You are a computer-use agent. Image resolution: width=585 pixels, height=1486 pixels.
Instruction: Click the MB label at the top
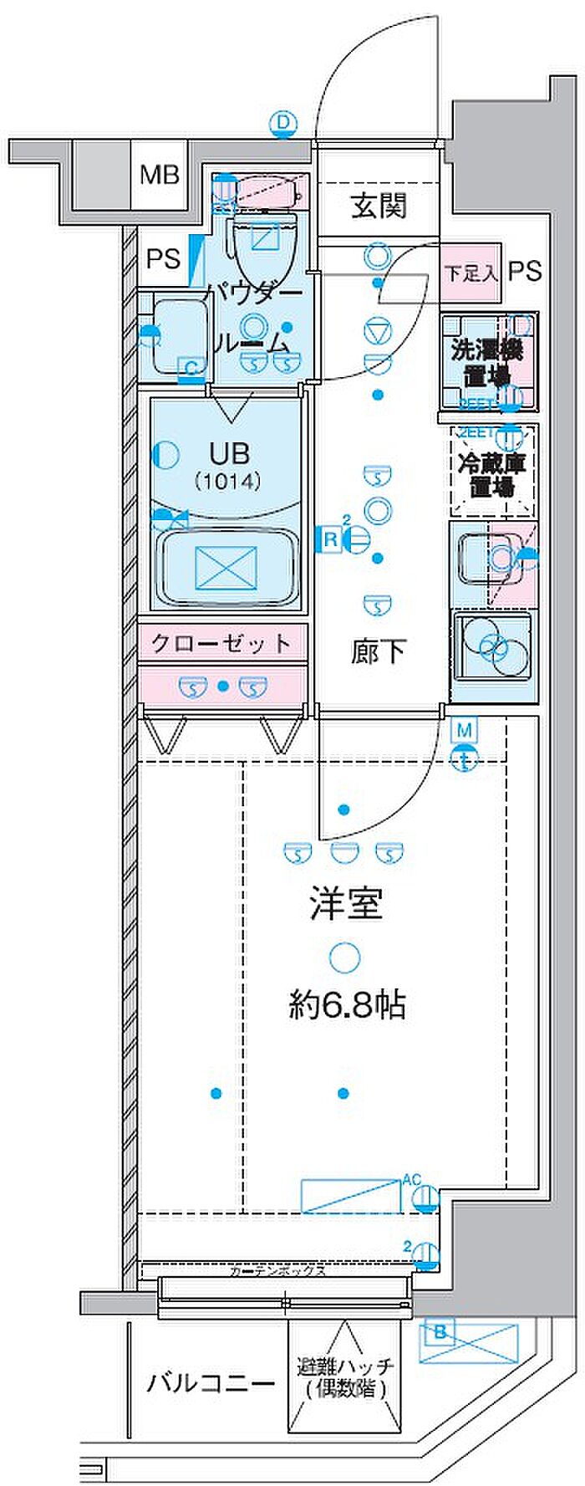pos(159,176)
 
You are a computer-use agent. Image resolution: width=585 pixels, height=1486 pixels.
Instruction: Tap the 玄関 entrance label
pos(379,206)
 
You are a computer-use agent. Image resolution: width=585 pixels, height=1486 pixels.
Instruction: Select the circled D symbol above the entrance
pos(284,125)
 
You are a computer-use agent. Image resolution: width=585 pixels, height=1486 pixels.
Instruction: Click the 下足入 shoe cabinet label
pos(471,272)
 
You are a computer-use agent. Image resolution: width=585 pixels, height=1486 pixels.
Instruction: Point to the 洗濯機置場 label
pos(487,362)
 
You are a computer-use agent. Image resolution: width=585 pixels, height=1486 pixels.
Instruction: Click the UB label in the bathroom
pos(229,454)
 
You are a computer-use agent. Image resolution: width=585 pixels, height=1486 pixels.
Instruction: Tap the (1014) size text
pos(228,482)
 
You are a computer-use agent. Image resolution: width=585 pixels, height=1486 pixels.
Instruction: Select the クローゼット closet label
pos(221,643)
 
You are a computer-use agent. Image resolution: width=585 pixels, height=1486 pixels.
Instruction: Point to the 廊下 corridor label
pos(379,651)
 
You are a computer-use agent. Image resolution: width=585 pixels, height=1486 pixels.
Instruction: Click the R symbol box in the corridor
pos(330,540)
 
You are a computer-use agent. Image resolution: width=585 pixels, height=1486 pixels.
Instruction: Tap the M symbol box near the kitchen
pos(465,730)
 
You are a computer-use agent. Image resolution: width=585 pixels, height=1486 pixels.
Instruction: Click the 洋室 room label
pos(346,904)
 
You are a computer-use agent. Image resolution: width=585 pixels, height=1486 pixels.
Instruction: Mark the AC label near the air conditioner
pos(411,1179)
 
